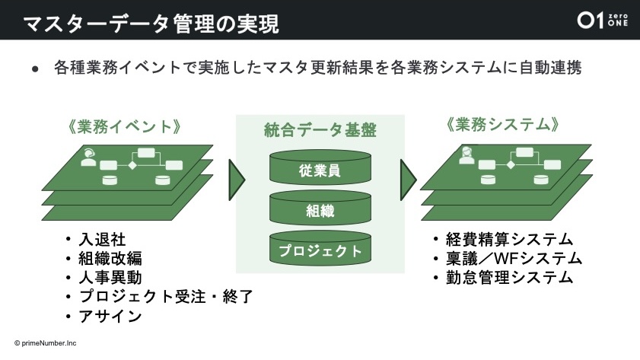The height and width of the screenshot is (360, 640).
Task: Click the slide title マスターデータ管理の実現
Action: click(x=151, y=24)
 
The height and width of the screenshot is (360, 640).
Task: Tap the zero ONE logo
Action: click(x=602, y=20)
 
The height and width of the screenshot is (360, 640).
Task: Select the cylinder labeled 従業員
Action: click(x=320, y=167)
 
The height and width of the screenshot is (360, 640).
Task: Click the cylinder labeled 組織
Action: click(x=320, y=208)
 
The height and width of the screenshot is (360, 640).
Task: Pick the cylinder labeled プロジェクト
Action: click(x=320, y=248)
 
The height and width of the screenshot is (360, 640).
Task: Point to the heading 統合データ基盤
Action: click(x=320, y=130)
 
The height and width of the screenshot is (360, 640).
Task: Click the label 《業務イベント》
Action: click(x=125, y=126)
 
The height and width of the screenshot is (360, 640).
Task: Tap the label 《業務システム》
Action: click(x=502, y=125)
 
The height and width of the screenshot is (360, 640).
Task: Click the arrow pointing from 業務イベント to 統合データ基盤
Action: click(x=236, y=180)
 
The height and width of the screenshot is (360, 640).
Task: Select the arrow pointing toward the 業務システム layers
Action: click(x=408, y=180)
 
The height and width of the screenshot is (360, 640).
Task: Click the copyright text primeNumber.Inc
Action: click(x=46, y=343)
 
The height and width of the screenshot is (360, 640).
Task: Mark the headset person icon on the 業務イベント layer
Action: click(x=88, y=158)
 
